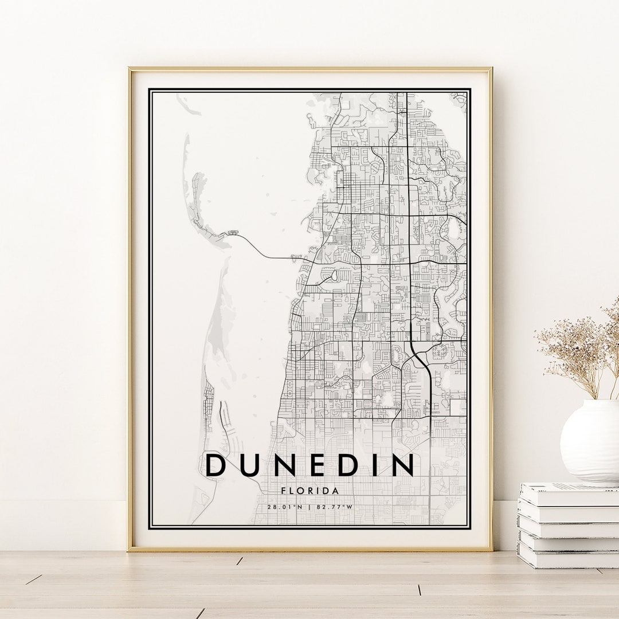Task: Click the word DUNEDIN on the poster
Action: pos(309,465)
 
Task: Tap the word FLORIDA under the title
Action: pos(309,491)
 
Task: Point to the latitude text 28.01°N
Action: pos(284,507)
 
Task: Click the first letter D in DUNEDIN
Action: pos(216,465)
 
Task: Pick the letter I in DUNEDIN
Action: pos(373,465)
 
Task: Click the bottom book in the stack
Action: pos(567,559)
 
